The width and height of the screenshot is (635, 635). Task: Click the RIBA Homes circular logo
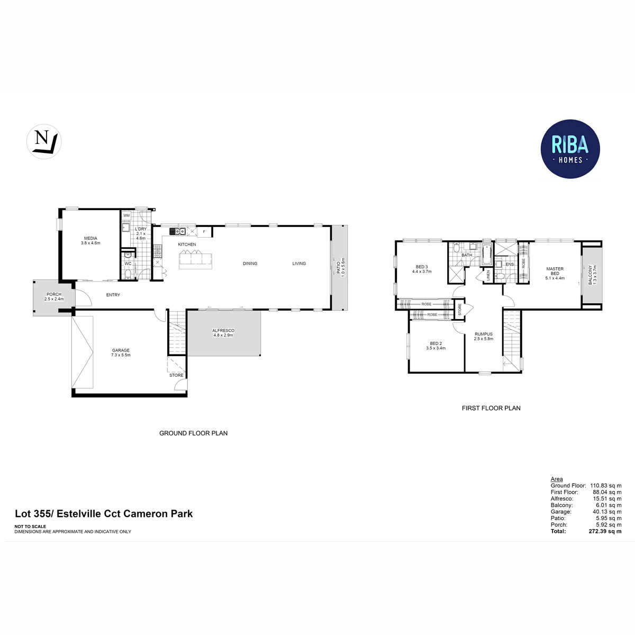(x=570, y=148)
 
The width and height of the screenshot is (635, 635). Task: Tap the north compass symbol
(x=44, y=142)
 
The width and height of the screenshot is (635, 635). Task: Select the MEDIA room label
(x=90, y=239)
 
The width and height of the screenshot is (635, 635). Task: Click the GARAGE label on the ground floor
(x=121, y=350)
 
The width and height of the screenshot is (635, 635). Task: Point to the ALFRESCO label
(x=223, y=330)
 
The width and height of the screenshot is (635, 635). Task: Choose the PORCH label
(x=54, y=294)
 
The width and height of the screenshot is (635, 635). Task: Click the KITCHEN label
(x=187, y=244)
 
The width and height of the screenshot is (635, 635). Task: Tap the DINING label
(x=250, y=264)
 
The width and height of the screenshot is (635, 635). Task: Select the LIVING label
(x=299, y=264)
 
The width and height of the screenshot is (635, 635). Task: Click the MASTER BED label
(x=555, y=271)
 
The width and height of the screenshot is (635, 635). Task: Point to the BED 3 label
(x=422, y=267)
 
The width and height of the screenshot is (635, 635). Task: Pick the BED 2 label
(x=436, y=343)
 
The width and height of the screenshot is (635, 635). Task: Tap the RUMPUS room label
(x=484, y=334)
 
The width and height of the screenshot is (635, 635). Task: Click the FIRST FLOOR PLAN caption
(x=491, y=408)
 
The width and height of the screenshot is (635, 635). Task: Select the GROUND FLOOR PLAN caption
(x=194, y=433)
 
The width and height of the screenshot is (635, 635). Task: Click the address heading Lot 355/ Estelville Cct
(x=104, y=513)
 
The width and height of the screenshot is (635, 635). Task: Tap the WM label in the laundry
(x=126, y=216)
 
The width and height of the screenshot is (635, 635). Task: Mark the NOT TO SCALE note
(x=30, y=527)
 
